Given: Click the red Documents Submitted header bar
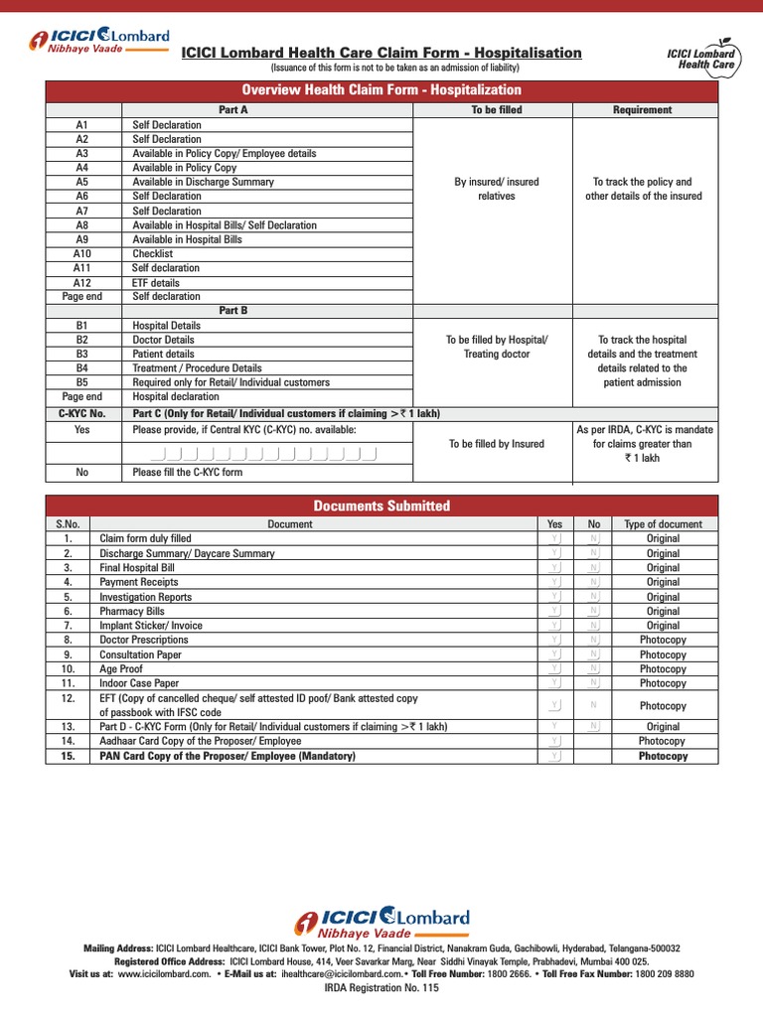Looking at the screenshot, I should (381, 506).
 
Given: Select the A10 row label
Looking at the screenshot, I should (82, 253).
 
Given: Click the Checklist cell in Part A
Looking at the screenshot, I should (153, 253).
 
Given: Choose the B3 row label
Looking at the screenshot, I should (82, 354).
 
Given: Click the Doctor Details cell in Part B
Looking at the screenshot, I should (163, 340).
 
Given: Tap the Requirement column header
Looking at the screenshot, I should (642, 110).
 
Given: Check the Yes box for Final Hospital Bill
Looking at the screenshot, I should (555, 568).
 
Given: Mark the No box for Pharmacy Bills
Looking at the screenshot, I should (594, 612).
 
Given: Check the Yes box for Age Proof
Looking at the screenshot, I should (555, 669).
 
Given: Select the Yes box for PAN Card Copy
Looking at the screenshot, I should (555, 757).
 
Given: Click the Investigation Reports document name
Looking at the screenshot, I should (145, 597).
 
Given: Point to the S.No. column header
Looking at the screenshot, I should (68, 524).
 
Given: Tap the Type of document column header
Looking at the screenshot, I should (663, 524).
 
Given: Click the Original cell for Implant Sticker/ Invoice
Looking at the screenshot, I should (663, 626).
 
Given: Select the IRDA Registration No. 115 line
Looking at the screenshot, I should (381, 988).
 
